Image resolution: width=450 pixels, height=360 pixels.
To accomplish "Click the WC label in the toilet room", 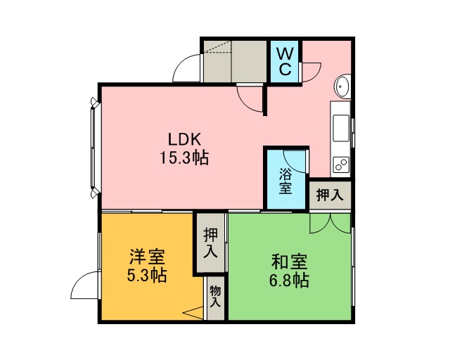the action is (x=285, y=61).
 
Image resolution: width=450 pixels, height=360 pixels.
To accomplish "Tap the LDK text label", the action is (x=184, y=140).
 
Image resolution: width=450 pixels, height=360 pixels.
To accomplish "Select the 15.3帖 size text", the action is (x=184, y=157).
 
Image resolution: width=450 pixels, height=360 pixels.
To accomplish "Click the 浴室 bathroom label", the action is (x=285, y=181).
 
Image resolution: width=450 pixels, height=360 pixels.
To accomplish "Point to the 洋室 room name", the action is (x=147, y=257).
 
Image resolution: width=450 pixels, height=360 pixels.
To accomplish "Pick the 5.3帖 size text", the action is (x=147, y=275).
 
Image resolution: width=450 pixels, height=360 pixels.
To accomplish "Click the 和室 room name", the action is (x=289, y=262).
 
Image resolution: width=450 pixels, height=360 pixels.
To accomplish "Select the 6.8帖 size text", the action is (x=289, y=280).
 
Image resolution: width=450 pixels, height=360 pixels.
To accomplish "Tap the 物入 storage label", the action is (x=215, y=297).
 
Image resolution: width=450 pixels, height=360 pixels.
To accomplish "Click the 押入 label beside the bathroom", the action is (x=330, y=195).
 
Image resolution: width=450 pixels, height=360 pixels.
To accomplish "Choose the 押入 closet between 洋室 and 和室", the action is (x=211, y=243).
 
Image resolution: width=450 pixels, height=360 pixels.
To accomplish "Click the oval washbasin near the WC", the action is (x=342, y=86).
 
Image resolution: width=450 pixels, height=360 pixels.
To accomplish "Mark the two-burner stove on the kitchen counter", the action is (x=340, y=165).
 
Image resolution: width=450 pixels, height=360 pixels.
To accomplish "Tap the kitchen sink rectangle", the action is (x=341, y=128).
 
